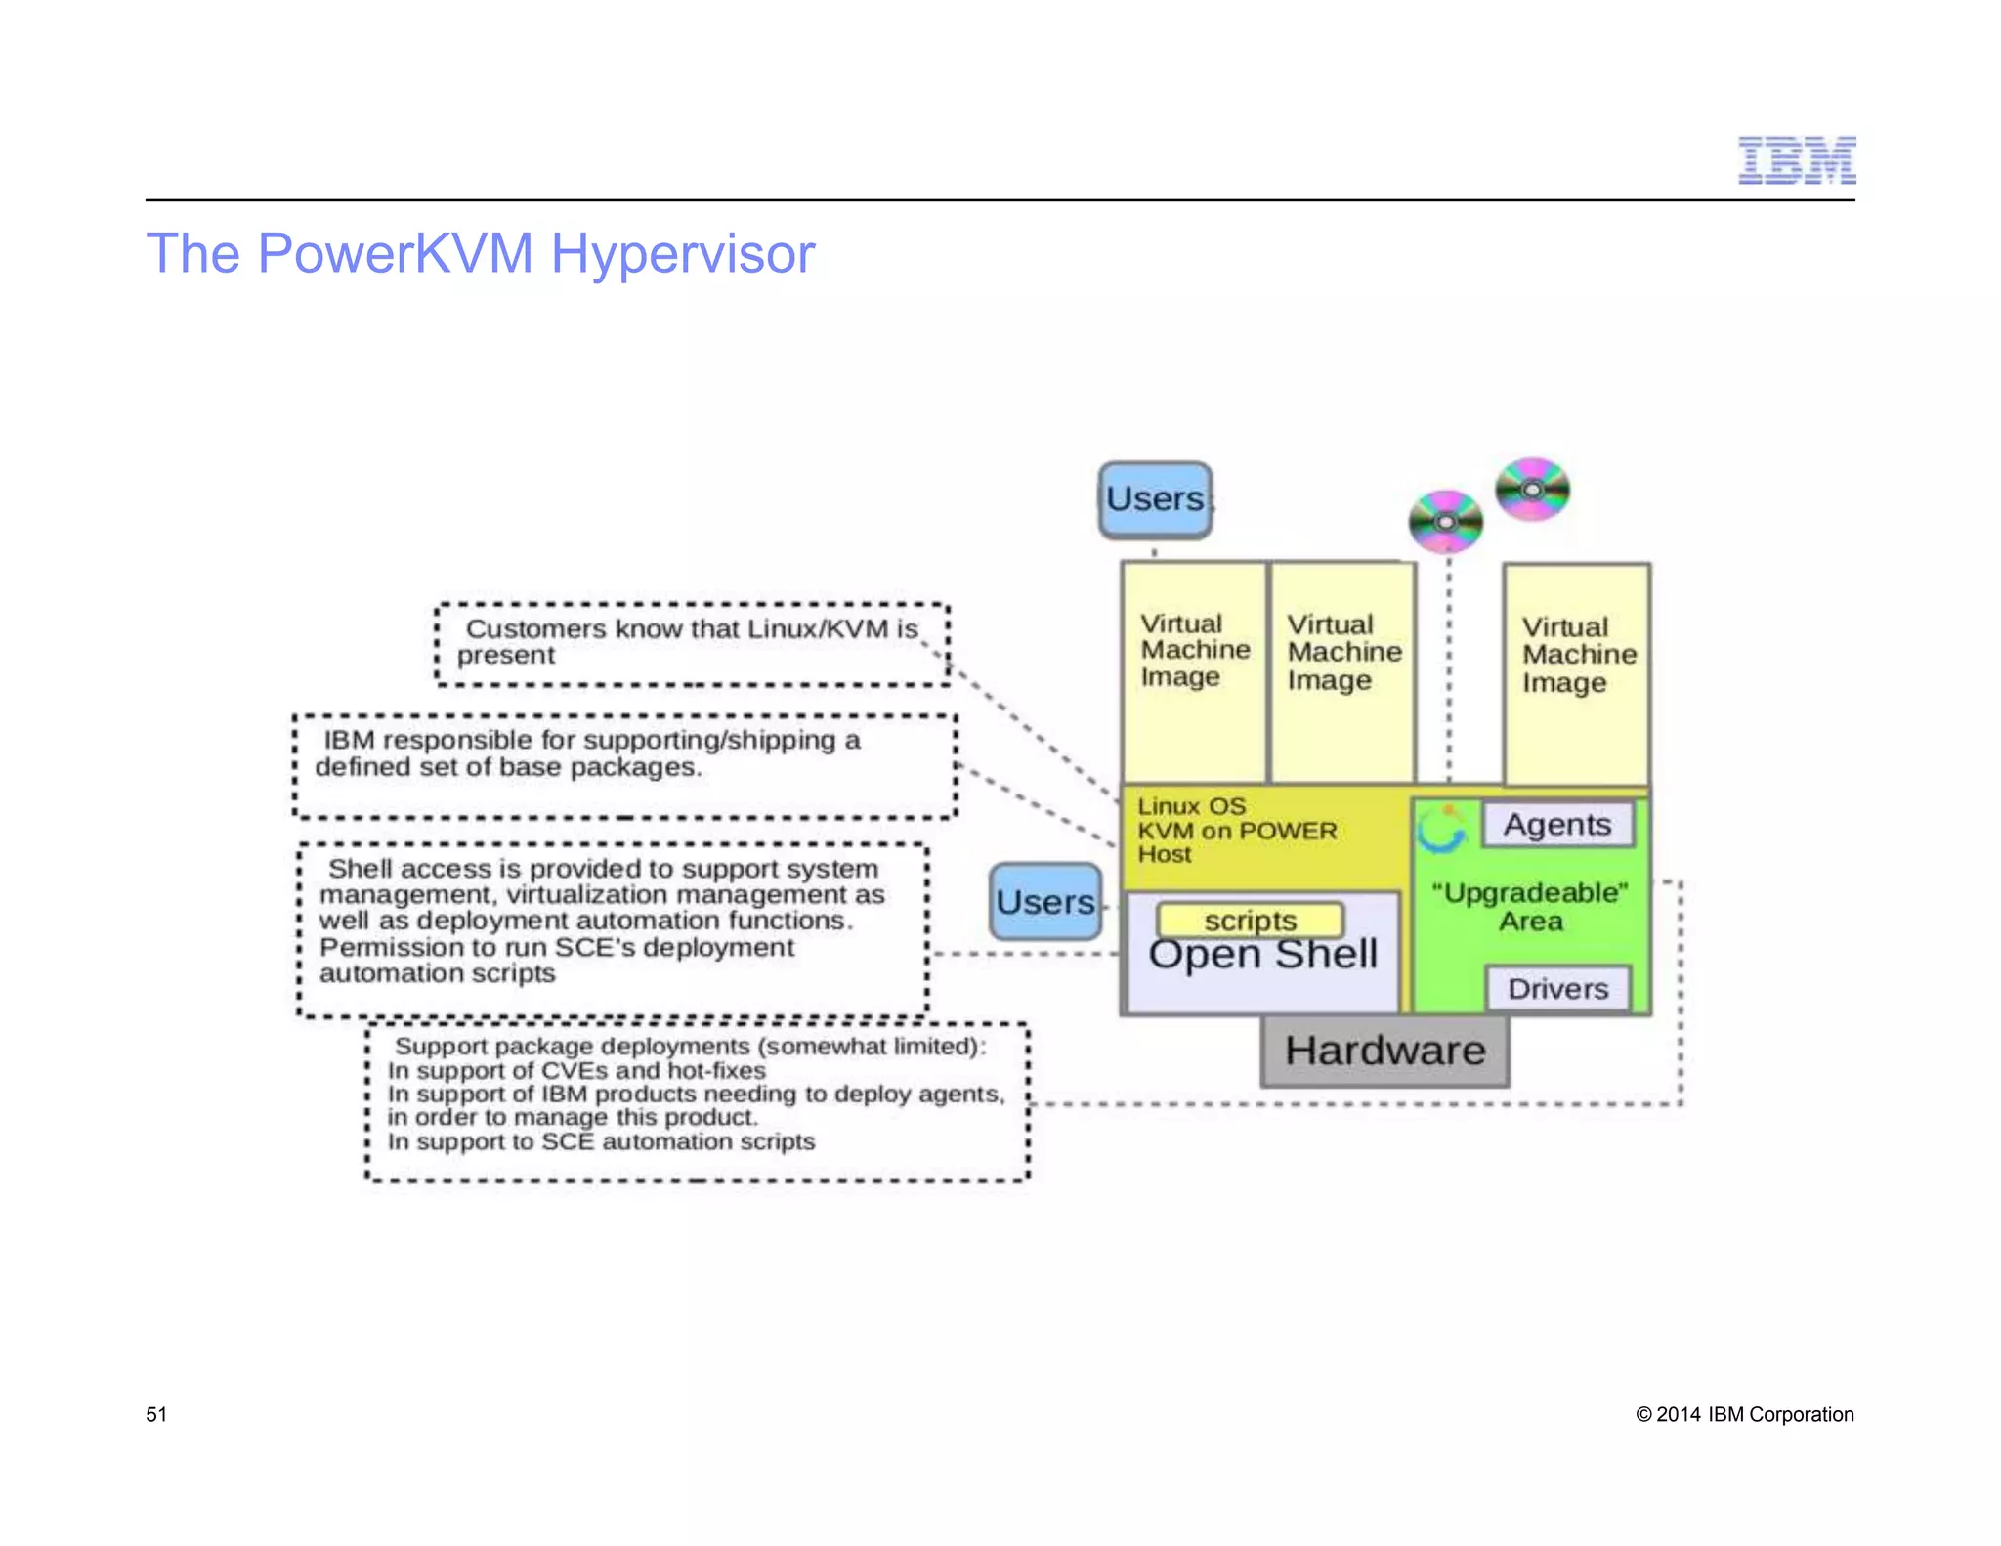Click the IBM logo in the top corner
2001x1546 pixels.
[1796, 160]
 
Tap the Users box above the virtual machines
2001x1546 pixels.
[1155, 499]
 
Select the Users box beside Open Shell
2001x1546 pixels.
[1044, 901]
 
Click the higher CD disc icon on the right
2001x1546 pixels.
[1532, 489]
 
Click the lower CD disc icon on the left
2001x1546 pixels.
[1445, 521]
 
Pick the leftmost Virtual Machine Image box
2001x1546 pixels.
[1194, 671]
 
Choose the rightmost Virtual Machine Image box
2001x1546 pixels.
[1576, 673]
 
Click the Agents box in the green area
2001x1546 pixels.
[1556, 824]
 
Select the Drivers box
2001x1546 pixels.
[1557, 988]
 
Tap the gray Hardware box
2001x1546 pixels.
[1384, 1051]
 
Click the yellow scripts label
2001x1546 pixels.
[1250, 920]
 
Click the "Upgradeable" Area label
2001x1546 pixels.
[1530, 907]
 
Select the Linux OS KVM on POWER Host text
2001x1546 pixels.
[1236, 831]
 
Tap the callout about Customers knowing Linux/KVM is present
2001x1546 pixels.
[691, 642]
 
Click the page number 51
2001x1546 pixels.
[156, 1414]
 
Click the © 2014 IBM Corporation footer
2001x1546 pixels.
[1744, 1414]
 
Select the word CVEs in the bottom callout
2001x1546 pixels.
[575, 1070]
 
